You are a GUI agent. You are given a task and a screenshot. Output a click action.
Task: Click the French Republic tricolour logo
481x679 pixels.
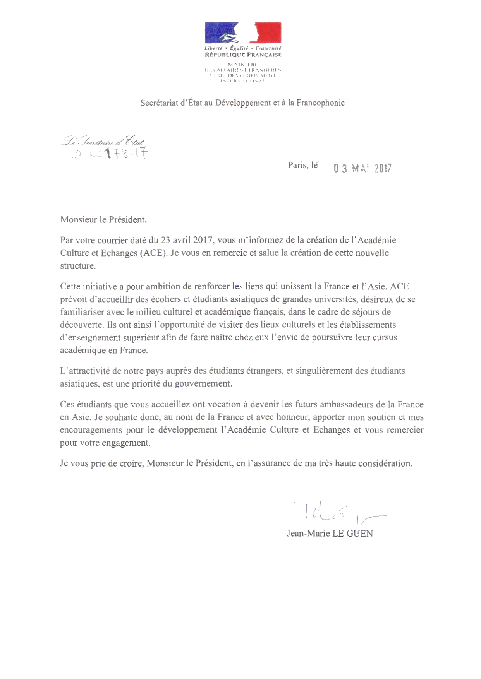(x=243, y=32)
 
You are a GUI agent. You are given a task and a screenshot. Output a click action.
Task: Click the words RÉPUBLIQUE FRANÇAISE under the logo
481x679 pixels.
(x=243, y=55)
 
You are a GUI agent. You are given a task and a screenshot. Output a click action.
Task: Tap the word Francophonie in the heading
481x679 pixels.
(x=320, y=103)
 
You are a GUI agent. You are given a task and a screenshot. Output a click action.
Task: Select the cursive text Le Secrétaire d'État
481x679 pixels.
(x=103, y=142)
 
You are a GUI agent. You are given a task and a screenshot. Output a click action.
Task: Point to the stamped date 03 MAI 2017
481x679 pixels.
(x=362, y=168)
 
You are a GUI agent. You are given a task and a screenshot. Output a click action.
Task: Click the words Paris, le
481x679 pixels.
(x=302, y=166)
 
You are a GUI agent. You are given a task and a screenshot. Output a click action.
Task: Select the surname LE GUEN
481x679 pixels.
(x=352, y=534)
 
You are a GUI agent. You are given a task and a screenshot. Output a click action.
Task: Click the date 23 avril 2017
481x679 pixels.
(x=187, y=240)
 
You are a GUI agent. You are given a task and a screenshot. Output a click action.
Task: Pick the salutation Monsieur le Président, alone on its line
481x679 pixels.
(x=103, y=220)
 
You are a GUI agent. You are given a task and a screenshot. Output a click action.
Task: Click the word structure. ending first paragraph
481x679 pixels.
(x=77, y=266)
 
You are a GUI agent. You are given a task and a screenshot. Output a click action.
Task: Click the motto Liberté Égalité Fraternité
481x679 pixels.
(x=243, y=48)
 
